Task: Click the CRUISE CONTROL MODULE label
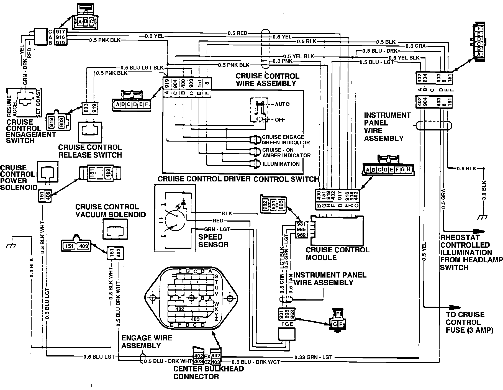coord(337,253)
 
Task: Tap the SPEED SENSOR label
coord(213,241)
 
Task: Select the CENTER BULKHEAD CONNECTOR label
coord(209,373)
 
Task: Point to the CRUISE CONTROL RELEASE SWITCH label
coord(90,151)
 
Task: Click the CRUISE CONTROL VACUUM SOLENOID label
coord(111,211)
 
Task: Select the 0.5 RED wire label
coord(237,33)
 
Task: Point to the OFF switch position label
coord(280,120)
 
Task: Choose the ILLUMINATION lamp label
coord(281,164)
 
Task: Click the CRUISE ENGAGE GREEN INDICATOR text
coord(286,140)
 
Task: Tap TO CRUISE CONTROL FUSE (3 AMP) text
coord(469,322)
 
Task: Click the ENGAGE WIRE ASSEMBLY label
coord(147,342)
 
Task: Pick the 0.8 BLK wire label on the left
coord(32,268)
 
